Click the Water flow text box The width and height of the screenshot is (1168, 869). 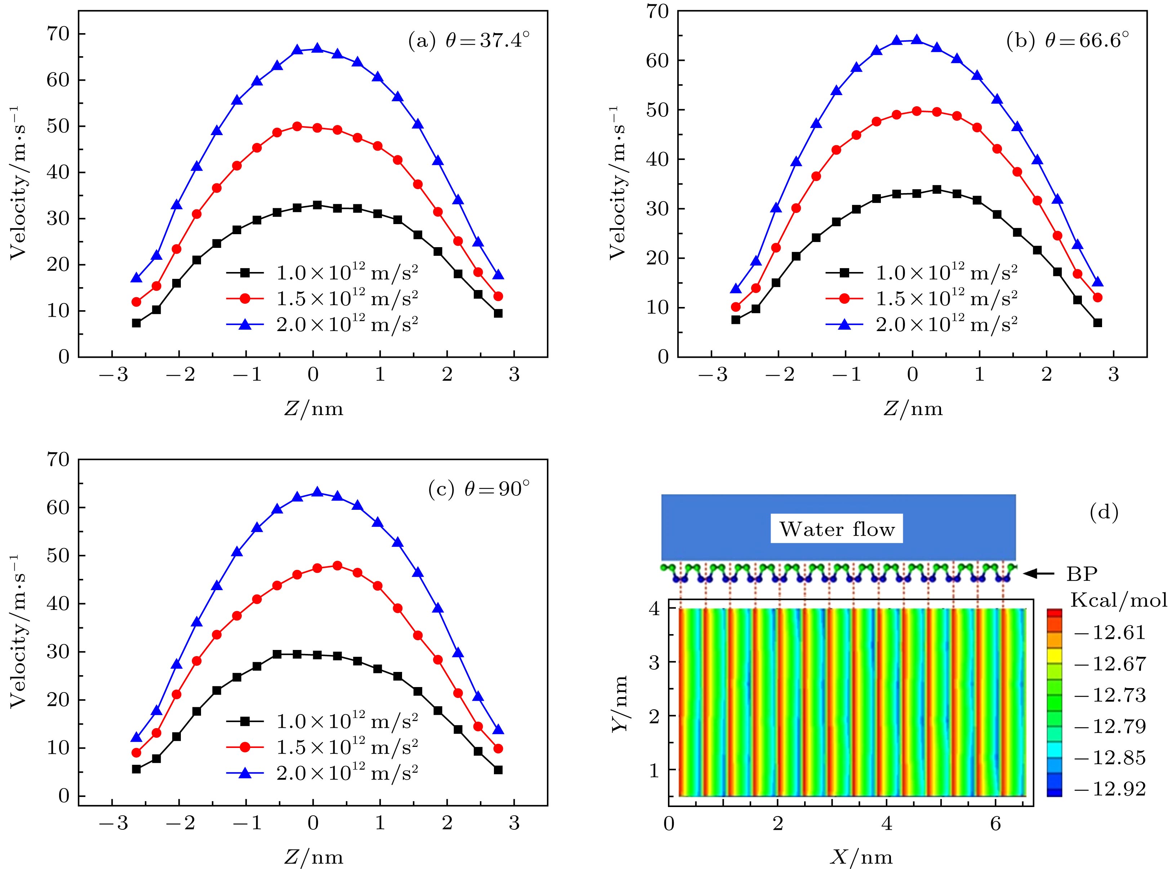(836, 529)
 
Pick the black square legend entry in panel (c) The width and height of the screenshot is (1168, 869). (322, 721)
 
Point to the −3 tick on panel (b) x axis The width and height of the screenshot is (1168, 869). (711, 375)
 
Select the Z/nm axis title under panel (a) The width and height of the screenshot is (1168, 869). (313, 408)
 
